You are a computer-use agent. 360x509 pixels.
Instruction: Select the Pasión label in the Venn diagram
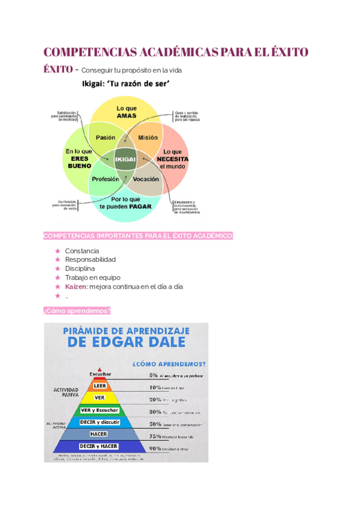click(x=106, y=137)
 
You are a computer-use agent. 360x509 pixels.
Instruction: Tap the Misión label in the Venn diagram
click(x=148, y=137)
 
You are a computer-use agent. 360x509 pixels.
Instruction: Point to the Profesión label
click(x=106, y=179)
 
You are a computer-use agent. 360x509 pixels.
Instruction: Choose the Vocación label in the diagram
click(x=146, y=179)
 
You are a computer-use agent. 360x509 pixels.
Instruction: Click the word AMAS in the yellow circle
click(x=127, y=115)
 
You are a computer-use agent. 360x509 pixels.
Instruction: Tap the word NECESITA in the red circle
click(x=173, y=159)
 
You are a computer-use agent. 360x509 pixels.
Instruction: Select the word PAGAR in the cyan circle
click(x=139, y=206)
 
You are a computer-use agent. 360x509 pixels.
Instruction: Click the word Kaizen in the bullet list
click(x=76, y=286)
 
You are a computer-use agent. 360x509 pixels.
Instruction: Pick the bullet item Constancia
click(x=82, y=250)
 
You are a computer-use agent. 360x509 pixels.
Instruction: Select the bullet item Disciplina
click(x=80, y=268)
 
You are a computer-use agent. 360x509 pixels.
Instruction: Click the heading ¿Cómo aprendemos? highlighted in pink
click(x=77, y=311)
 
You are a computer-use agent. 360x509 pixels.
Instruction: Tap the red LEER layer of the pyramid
click(x=100, y=386)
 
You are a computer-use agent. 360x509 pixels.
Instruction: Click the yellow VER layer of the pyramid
click(x=100, y=398)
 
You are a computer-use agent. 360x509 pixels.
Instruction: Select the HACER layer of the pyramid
click(x=99, y=433)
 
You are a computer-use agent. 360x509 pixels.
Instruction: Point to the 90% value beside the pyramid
click(x=154, y=448)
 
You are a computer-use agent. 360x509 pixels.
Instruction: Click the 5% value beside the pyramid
click(x=154, y=375)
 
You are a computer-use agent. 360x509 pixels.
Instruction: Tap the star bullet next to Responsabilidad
click(x=57, y=259)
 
